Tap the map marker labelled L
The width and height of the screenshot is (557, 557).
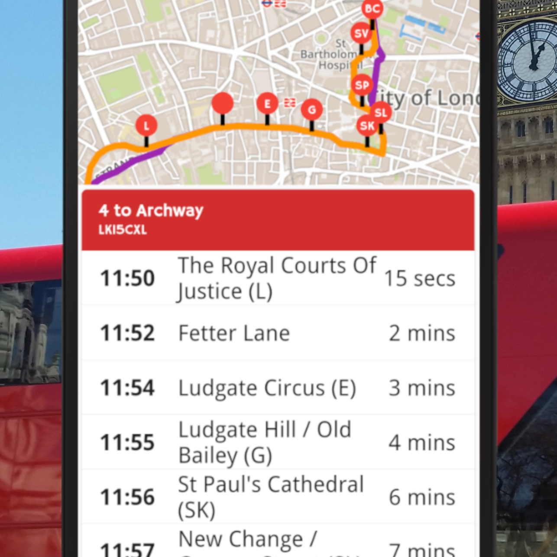pos(146,126)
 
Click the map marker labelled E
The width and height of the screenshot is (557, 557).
pos(267,104)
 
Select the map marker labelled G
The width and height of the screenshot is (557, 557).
pos(312,110)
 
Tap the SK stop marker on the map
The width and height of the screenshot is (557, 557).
pos(367,126)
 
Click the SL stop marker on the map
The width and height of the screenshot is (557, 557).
pos(381,113)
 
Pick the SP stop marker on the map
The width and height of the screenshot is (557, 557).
pos(362,85)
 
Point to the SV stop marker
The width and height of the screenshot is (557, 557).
pos(361,33)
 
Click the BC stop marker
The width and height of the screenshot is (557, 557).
pos(372,9)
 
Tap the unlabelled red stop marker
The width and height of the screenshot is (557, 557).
pos(223,103)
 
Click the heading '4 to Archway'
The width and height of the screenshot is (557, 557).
pos(151,210)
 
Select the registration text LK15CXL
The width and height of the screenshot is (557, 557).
pos(123,230)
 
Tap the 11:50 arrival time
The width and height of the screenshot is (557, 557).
pos(127,278)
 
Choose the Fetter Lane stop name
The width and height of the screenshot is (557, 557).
pos(234,333)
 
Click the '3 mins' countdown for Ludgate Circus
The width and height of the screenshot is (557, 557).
pos(422,388)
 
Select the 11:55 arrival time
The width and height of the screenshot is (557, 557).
pos(127,442)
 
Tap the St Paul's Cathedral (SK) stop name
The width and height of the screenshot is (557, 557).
pos(271,497)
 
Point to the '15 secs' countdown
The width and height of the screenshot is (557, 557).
pos(419,278)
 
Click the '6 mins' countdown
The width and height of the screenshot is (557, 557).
pos(422,497)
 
